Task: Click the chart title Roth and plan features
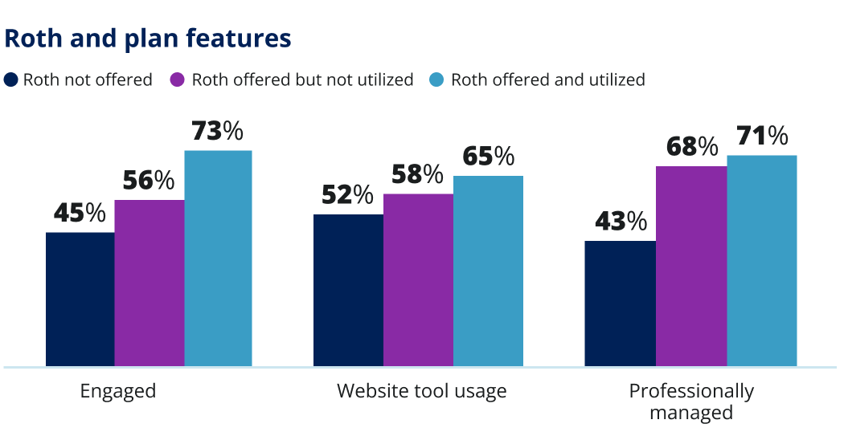pyautogui.click(x=148, y=39)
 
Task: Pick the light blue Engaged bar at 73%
pyautogui.click(x=219, y=259)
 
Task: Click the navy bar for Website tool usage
pyautogui.click(x=348, y=291)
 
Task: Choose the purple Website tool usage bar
pyautogui.click(x=418, y=280)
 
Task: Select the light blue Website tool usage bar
pyautogui.click(x=488, y=271)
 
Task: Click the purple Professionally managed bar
pyautogui.click(x=691, y=267)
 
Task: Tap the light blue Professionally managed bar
pyautogui.click(x=762, y=261)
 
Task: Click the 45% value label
pyautogui.click(x=80, y=214)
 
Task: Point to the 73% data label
pyautogui.click(x=217, y=132)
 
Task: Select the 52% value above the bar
pyautogui.click(x=347, y=195)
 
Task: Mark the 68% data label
pyautogui.click(x=691, y=147)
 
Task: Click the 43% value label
pyautogui.click(x=621, y=222)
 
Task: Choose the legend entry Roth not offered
pyautogui.click(x=88, y=79)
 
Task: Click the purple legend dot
pyautogui.click(x=178, y=79)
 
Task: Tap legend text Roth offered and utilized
pyautogui.click(x=547, y=79)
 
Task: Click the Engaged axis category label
pyautogui.click(x=118, y=391)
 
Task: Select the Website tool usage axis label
pyautogui.click(x=421, y=391)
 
